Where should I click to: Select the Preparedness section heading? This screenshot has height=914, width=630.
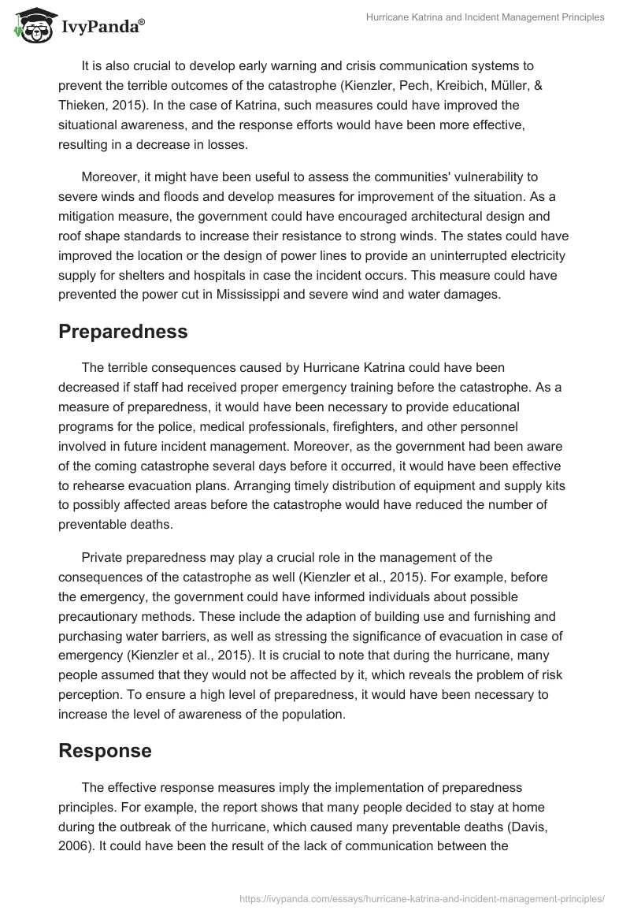coord(123,332)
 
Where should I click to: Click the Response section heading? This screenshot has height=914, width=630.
coord(105,751)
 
